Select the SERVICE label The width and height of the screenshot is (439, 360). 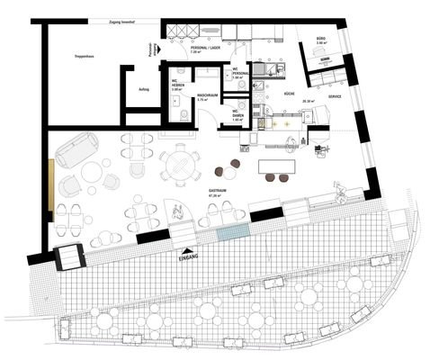point(335,95)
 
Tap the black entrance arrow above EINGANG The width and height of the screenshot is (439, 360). point(187,250)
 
